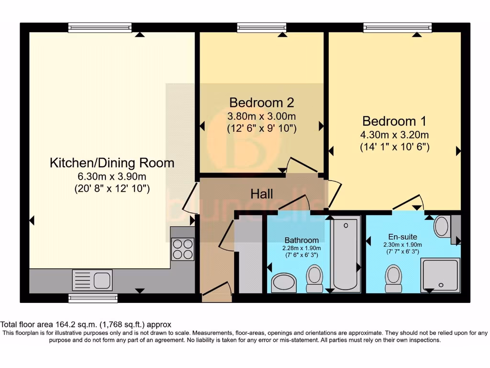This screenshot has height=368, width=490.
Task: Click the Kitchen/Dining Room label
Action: [112, 163]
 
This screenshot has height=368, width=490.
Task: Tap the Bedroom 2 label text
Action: [261, 103]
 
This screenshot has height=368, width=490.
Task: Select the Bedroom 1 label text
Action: [394, 121]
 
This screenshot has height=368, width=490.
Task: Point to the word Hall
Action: [262, 194]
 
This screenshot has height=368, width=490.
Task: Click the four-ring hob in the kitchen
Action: [182, 249]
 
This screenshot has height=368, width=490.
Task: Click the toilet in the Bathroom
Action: [314, 279]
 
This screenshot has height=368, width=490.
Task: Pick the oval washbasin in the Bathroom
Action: [284, 283]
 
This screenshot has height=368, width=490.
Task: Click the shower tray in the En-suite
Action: [440, 275]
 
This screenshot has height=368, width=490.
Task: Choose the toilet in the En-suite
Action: [393, 279]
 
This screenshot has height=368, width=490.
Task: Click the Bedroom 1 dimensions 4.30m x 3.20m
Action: [394, 135]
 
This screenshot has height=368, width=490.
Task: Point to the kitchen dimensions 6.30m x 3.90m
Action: [112, 177]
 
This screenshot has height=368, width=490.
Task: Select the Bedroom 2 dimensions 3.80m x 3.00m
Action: [261, 116]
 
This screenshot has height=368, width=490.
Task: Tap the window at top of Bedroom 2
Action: [261, 27]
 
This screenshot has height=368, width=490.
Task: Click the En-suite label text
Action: [402, 237]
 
